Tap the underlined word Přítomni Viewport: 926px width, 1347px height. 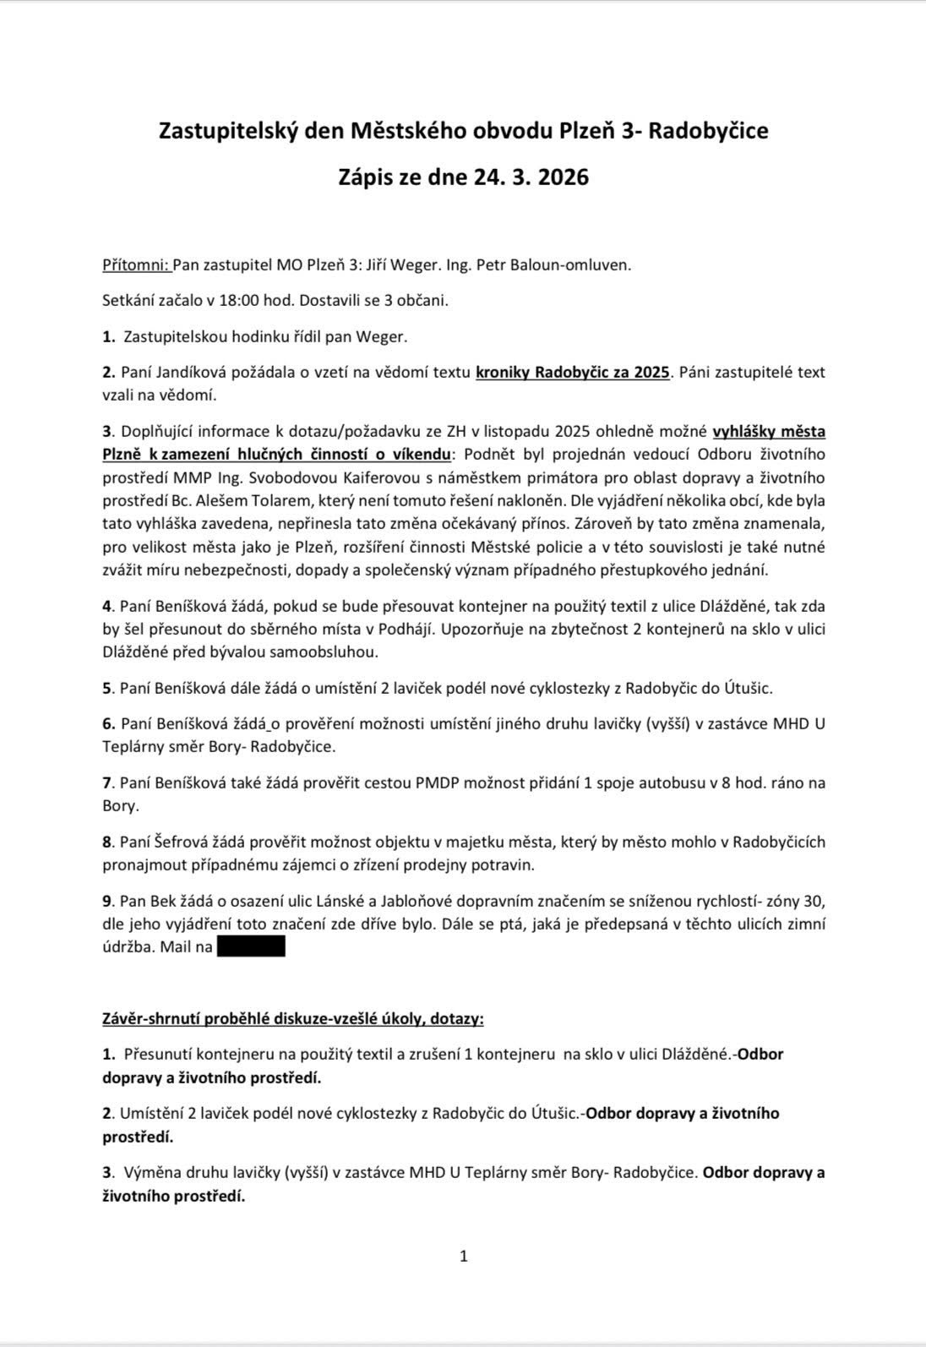[x=135, y=264]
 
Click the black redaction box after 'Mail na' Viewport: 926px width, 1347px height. [x=251, y=946]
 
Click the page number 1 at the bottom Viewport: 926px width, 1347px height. [x=463, y=1256]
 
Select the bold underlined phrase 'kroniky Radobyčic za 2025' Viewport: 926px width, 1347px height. [x=573, y=373]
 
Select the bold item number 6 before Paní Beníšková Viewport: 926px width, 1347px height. [x=107, y=723]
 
